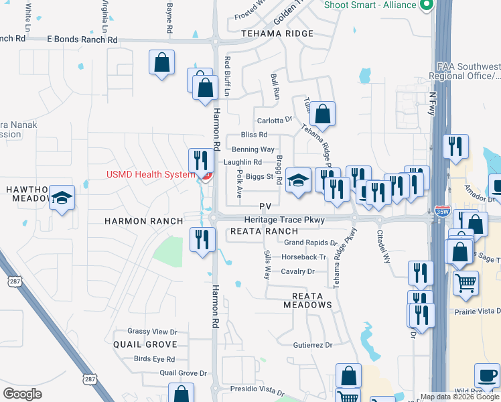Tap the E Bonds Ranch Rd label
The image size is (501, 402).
82,40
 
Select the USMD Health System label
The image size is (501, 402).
153,175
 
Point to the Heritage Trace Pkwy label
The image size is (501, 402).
284,220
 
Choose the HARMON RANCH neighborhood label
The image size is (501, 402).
143,221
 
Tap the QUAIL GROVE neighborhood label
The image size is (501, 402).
145,344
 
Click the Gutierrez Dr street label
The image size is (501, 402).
312,345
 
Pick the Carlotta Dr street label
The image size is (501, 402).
275,121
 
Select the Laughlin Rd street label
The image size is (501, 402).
242,162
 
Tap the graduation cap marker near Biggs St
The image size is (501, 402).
298,180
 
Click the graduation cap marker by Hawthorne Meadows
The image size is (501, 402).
62,198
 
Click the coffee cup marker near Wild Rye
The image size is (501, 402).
487,375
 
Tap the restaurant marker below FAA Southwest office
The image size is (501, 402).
455,147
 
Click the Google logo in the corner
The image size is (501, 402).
23,394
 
